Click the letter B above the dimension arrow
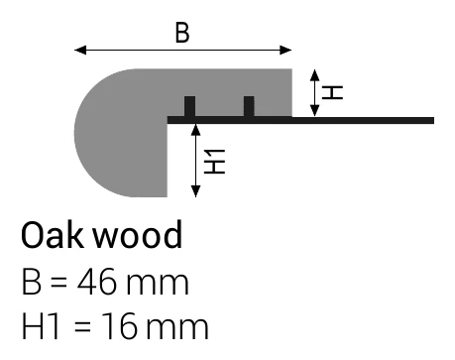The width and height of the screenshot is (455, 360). (x=182, y=33)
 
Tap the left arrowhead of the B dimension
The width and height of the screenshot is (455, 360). (x=80, y=51)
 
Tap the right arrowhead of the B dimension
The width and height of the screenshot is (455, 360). (x=285, y=51)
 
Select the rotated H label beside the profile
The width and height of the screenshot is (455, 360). (x=332, y=92)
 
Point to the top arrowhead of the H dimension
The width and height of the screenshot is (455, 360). (x=315, y=75)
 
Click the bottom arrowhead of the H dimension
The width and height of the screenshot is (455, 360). (x=315, y=110)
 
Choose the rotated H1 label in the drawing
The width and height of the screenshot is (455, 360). (x=214, y=162)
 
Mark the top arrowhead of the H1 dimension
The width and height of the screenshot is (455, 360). (x=196, y=130)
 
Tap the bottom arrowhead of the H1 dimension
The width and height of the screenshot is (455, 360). (x=196, y=191)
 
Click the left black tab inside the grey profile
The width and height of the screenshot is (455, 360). (x=189, y=106)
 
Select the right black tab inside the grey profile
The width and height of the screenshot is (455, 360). (x=249, y=106)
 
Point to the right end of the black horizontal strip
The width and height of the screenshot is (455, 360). (x=433, y=120)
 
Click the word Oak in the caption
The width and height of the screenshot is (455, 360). (x=53, y=235)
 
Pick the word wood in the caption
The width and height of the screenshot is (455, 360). (x=138, y=234)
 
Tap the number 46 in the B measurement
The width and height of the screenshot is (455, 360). (x=97, y=282)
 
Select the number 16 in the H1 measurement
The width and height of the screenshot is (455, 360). (x=118, y=326)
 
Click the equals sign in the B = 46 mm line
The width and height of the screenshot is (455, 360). (x=59, y=283)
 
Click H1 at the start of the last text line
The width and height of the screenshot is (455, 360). (x=41, y=326)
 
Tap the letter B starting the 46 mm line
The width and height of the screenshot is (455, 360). (x=32, y=282)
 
